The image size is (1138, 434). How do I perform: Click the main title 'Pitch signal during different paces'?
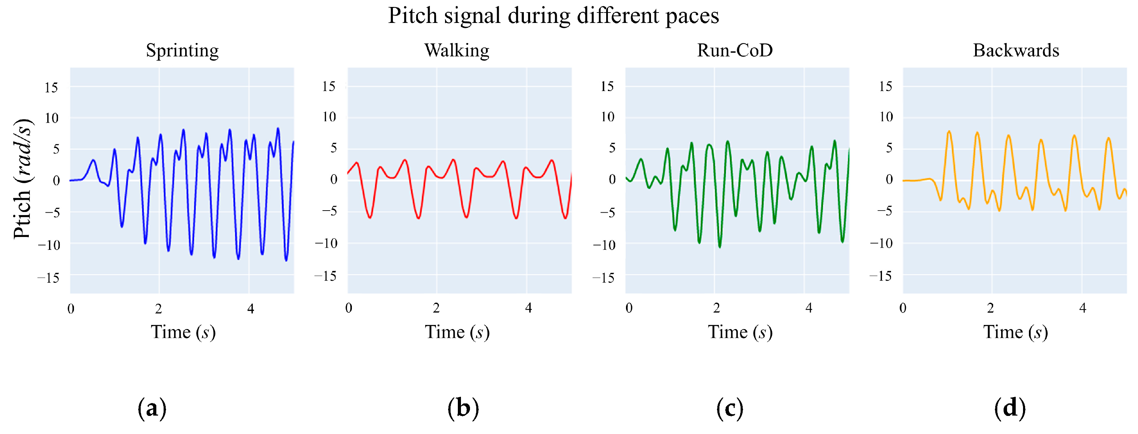tap(553, 16)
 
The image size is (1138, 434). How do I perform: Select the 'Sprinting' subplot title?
tap(182, 50)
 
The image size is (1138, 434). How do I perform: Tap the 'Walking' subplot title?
tap(457, 50)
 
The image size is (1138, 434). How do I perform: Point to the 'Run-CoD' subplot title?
tap(735, 50)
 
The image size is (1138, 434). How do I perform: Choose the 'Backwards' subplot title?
tap(1016, 50)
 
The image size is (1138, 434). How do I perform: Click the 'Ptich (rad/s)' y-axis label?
tap(22, 179)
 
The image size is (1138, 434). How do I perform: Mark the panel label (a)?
tap(152, 408)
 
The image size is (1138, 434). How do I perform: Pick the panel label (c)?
tap(729, 408)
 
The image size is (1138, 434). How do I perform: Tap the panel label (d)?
tap(1010, 408)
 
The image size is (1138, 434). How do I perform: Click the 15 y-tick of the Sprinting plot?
tap(51, 88)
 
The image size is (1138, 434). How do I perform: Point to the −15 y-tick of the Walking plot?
tap(325, 276)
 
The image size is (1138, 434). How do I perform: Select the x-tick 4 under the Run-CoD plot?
tap(808, 308)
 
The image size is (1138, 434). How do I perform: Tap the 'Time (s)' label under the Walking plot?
tap(457, 332)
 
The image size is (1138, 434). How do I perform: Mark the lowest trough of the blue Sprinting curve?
tap(286, 260)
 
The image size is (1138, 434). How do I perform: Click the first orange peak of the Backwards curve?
tap(949, 132)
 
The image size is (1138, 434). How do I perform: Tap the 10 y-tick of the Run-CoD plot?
tap(608, 117)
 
